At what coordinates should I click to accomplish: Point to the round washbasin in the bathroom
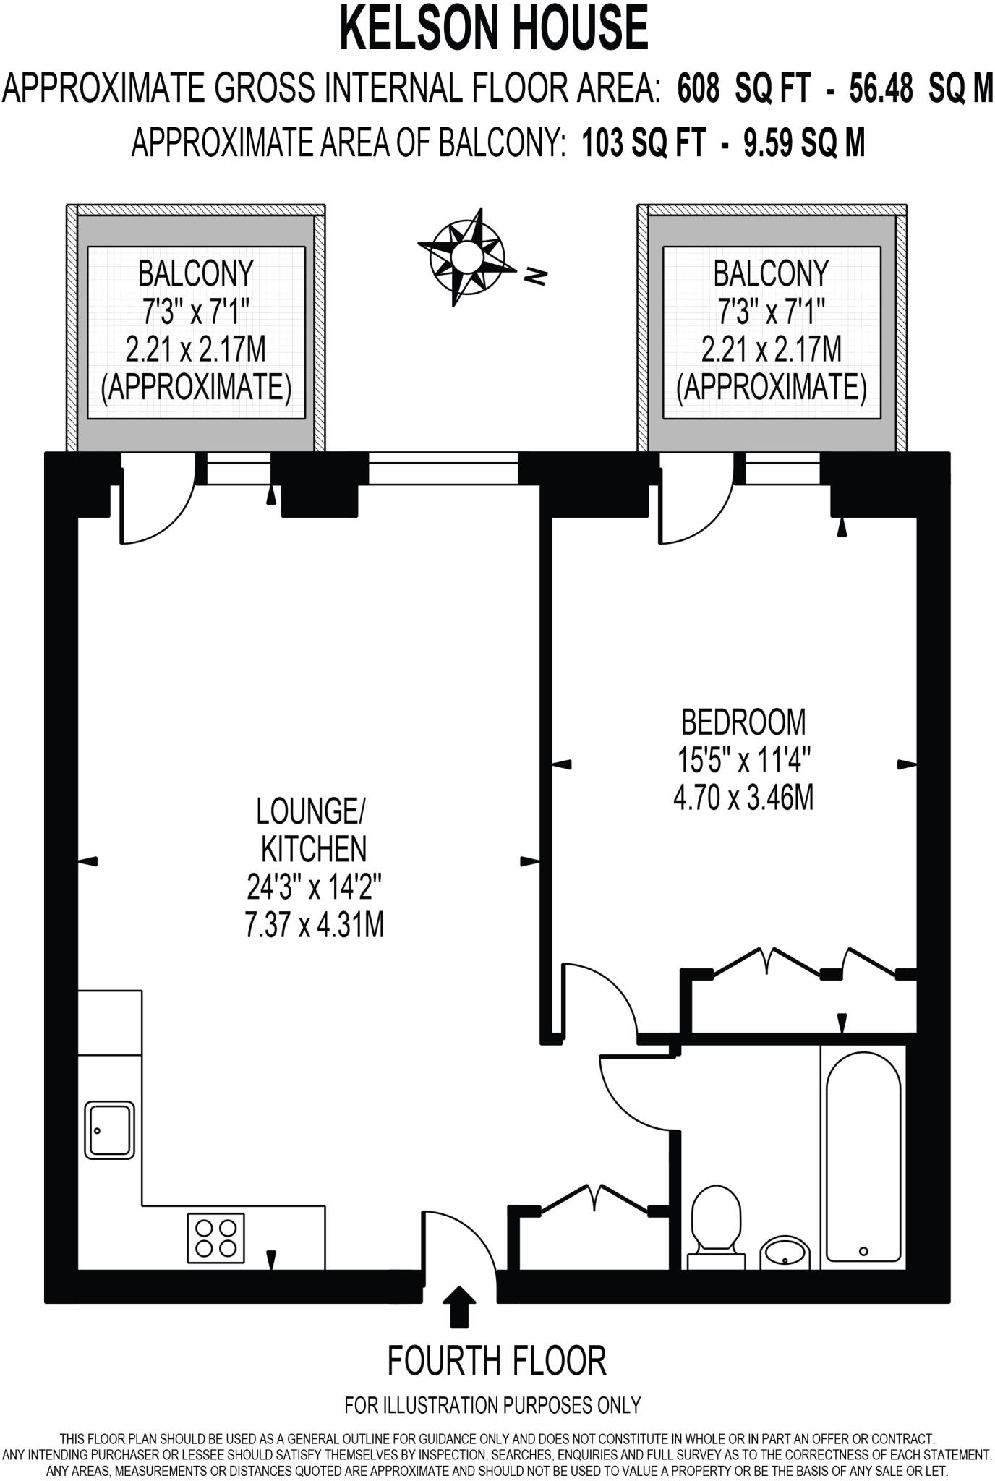(785, 1251)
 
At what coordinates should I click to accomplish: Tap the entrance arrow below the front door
(459, 1307)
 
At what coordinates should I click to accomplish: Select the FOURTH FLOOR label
(497, 1360)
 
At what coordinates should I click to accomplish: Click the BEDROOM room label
(743, 722)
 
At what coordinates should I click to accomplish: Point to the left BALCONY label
(195, 273)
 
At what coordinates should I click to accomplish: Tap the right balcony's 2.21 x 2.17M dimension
(771, 349)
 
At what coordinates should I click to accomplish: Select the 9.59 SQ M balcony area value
(804, 142)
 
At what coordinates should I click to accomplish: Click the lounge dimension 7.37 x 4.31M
(314, 925)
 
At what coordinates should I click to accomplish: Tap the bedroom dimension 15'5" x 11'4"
(743, 760)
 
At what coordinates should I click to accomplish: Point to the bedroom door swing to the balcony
(694, 506)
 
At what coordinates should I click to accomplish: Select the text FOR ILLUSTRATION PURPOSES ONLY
(493, 1405)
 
